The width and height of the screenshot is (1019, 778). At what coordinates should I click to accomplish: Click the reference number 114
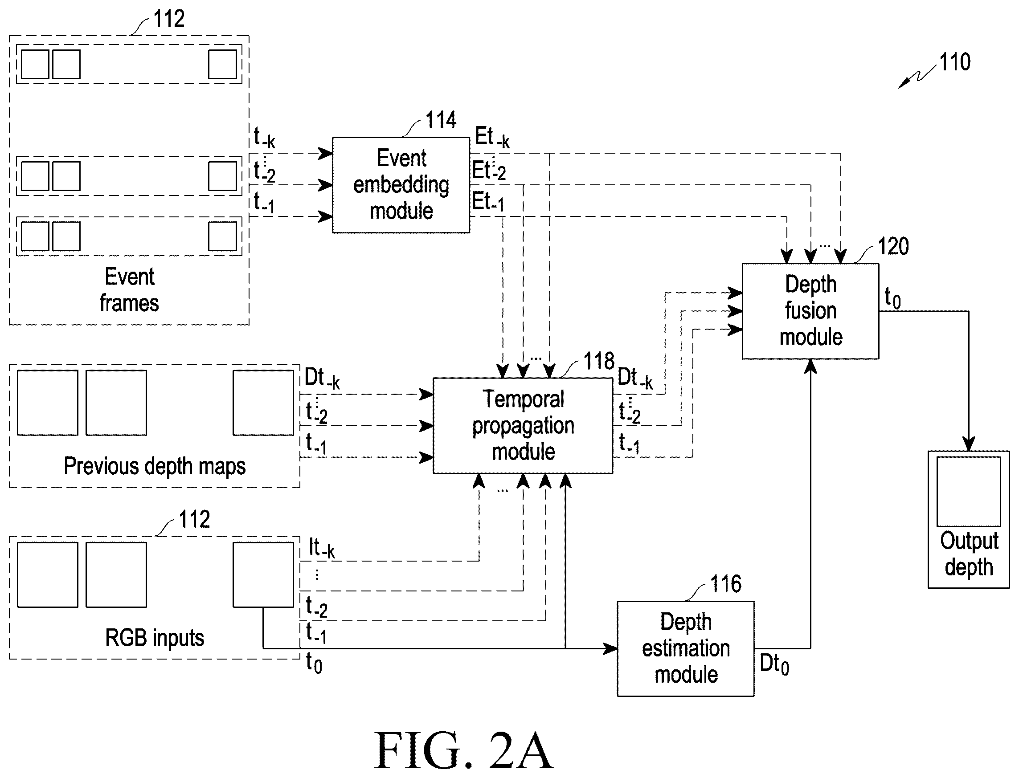point(441,120)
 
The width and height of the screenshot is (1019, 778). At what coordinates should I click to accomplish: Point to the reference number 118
point(599,361)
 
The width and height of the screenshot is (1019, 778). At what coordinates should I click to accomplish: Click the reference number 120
point(893,246)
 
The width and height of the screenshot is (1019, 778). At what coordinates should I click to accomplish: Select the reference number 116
point(726,584)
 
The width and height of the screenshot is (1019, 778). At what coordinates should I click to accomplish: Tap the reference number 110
point(954,62)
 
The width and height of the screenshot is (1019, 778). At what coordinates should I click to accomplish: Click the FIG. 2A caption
point(463,750)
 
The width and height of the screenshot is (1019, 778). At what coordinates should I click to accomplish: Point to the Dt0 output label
point(774,664)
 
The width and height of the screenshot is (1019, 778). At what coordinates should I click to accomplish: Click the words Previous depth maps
point(155,466)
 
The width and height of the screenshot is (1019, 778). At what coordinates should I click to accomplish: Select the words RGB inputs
point(155,638)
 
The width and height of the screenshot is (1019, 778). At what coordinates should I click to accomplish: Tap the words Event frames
point(129,290)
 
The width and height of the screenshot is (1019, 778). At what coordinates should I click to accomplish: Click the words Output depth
point(969,554)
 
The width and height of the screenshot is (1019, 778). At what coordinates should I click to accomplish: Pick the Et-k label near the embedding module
point(492,138)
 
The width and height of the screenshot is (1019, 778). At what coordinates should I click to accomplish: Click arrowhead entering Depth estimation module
point(610,648)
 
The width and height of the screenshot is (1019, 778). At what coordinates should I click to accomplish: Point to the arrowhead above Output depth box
point(969,444)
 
